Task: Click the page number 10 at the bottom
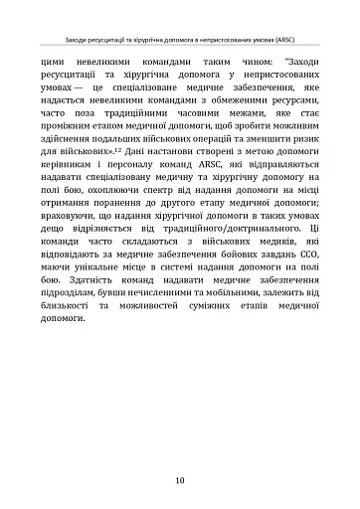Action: tap(179, 480)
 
